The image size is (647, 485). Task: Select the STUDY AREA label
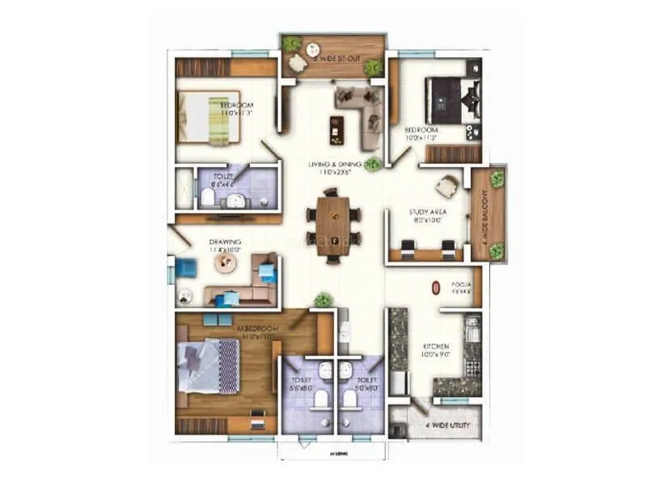(428, 213)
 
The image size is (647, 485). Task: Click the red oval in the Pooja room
(436, 287)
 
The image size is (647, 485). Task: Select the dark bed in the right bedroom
(442, 100)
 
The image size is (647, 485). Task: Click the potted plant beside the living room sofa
(372, 165)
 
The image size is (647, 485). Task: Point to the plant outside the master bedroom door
(323, 299)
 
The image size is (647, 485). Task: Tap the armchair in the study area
(446, 187)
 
